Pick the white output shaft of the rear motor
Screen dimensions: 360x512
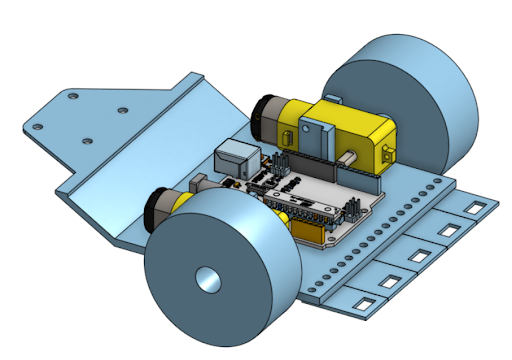[346, 159]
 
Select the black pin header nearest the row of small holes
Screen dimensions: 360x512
[352, 209]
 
